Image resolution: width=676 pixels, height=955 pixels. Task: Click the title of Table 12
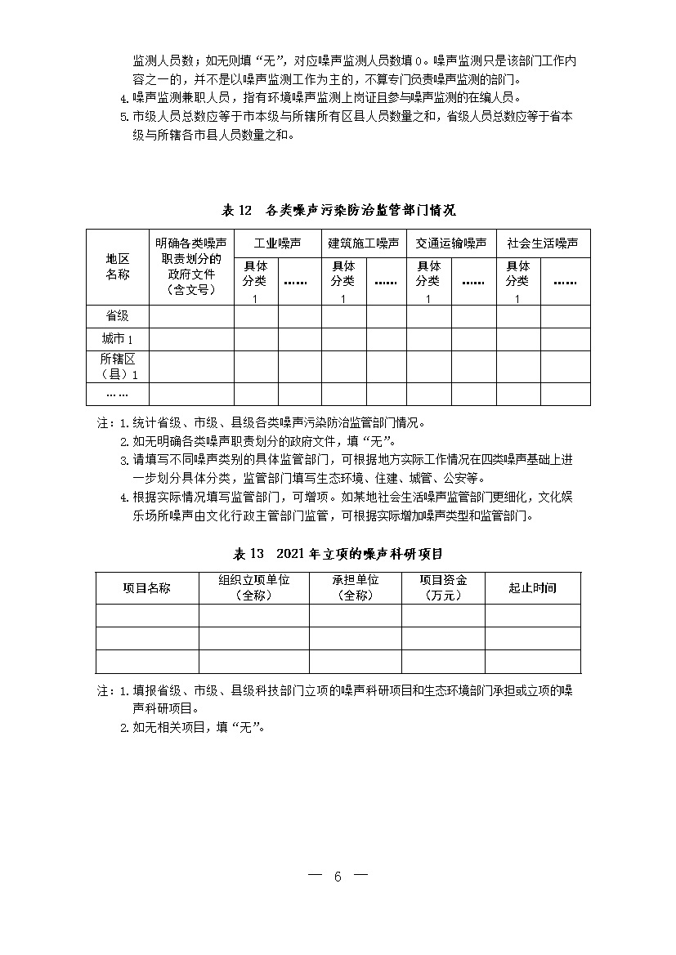(x=338, y=210)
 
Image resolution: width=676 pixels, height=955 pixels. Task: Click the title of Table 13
(x=338, y=554)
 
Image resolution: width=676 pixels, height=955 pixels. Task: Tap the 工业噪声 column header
(x=277, y=243)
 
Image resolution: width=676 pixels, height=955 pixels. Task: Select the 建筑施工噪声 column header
(x=364, y=243)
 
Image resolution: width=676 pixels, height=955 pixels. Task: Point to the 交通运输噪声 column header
(x=450, y=243)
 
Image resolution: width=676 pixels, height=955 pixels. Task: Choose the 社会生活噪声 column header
(x=542, y=243)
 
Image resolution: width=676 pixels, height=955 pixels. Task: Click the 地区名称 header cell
(x=117, y=266)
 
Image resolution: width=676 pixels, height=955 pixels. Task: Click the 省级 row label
(x=117, y=316)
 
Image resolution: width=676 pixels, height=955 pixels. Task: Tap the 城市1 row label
(x=117, y=339)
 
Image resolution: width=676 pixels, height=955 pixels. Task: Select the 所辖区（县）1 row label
(x=117, y=367)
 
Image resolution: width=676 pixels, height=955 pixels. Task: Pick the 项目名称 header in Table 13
(x=147, y=588)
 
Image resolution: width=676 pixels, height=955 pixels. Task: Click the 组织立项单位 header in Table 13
(x=253, y=588)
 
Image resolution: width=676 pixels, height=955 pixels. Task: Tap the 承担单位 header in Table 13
(x=355, y=588)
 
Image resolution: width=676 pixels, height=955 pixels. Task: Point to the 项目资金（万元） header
(x=443, y=588)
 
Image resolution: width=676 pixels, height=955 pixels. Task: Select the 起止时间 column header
(x=532, y=588)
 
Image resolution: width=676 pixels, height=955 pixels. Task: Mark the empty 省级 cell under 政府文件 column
(x=191, y=316)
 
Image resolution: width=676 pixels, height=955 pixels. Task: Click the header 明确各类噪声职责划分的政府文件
(x=191, y=266)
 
